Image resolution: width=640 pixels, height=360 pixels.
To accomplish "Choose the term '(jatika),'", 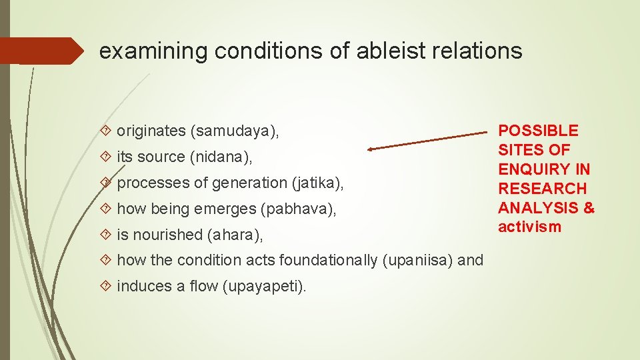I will (317, 183).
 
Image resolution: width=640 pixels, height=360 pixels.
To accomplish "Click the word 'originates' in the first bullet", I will (151, 131).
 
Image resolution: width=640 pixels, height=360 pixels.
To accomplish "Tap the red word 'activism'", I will (530, 227).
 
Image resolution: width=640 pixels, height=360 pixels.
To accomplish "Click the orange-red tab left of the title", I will (43, 51).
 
